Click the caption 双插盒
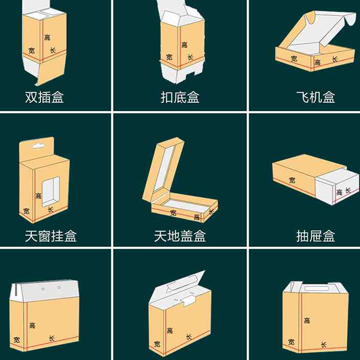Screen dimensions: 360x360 tap(44, 97)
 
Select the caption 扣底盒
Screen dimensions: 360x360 tap(179, 97)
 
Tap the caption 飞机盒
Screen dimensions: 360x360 tap(316, 97)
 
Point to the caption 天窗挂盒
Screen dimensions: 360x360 tap(51, 236)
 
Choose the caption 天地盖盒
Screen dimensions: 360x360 tap(179, 236)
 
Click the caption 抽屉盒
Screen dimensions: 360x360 tap(316, 236)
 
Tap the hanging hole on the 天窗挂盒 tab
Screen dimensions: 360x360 tap(38, 146)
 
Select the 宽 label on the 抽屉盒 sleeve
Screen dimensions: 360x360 tap(291, 180)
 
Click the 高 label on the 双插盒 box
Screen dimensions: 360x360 tap(48, 37)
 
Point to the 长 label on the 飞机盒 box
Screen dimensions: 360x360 tap(335, 60)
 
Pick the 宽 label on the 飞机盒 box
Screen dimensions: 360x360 tap(294, 58)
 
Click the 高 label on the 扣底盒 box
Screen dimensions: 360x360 tap(184, 45)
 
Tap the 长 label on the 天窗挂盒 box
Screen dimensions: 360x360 tap(50, 209)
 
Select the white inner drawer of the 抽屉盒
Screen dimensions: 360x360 tap(335, 187)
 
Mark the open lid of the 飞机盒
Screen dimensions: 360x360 tap(322, 32)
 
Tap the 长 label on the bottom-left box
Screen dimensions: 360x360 tap(51, 337)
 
